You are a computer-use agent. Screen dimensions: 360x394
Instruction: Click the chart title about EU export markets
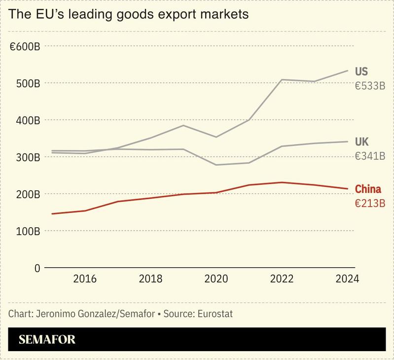[x=128, y=15]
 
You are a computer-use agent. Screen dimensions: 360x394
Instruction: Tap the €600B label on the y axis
[x=25, y=46]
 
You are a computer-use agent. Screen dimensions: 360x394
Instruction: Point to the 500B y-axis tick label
[x=27, y=83]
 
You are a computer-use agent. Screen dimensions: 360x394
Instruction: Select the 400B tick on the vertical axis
[x=27, y=120]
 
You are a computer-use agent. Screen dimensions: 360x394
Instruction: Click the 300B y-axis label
[x=27, y=157]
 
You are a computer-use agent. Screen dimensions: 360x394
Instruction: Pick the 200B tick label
[x=27, y=194]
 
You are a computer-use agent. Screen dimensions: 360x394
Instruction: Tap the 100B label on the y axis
[x=27, y=231]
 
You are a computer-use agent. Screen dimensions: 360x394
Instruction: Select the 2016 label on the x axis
[x=85, y=279]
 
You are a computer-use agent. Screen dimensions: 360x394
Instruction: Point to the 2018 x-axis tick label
[x=151, y=279]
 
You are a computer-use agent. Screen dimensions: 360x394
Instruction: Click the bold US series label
[x=361, y=72]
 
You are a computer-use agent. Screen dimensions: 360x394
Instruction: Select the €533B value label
[x=369, y=86]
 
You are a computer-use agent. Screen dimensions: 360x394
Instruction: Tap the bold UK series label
[x=362, y=143]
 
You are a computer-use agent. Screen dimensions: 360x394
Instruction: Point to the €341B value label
[x=369, y=156]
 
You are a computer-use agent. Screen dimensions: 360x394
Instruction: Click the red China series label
[x=368, y=189]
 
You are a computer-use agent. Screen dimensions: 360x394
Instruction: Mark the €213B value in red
[x=369, y=203]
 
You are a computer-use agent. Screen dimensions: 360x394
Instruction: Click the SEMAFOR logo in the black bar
[x=47, y=339]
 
